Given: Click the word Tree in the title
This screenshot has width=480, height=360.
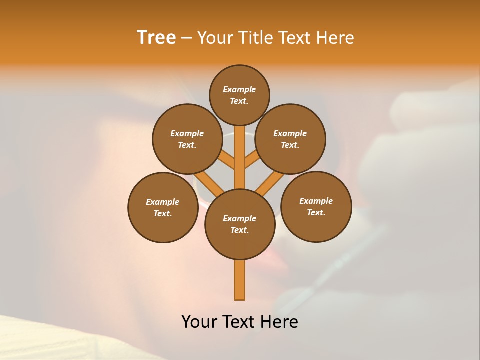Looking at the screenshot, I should coord(156,38).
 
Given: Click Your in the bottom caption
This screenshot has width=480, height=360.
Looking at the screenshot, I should coord(199,322).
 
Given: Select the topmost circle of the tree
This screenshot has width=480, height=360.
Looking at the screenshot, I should coord(239,95).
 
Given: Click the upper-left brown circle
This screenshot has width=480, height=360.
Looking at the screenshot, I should coord(187,139).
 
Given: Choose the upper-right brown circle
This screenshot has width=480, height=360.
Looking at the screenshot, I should coord(290,139).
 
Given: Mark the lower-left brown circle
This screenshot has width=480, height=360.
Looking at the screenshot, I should coord(163,207).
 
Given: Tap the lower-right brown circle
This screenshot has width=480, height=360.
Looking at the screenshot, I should coord(316,206).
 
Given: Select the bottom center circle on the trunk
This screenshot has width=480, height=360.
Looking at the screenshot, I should coord(240,224).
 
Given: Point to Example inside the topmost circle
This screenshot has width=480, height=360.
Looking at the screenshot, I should coord(239,89).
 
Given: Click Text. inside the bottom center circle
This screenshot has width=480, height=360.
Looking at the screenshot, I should coord(239,230).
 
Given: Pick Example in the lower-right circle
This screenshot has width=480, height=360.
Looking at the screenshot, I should coord(316,201).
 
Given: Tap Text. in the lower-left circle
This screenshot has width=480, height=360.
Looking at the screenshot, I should coord(163,213).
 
